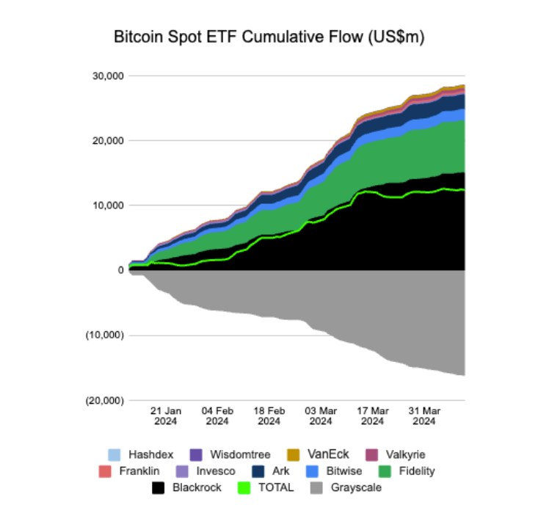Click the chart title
coord(269,37)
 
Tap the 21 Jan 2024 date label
coord(166,415)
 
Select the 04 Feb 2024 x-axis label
coord(217,415)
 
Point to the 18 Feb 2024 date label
coord(269,415)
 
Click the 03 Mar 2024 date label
coord(320,415)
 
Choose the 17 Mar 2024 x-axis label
coord(371,415)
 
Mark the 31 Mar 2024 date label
coord(424,415)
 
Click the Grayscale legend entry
coord(356,487)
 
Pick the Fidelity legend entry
coord(414,471)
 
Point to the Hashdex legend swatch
coord(113,454)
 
